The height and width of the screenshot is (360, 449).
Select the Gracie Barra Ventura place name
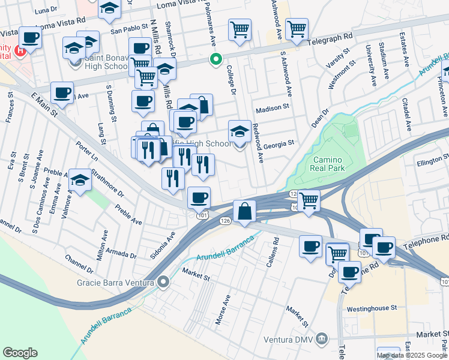tap(115, 282)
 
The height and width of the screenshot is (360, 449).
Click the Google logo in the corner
tap(20, 353)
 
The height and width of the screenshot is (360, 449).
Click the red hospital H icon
tap(22, 50)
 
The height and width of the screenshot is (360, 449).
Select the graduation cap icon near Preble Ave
tap(80, 180)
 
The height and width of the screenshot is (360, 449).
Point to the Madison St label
tap(273, 110)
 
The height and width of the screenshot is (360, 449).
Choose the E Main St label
tap(46, 106)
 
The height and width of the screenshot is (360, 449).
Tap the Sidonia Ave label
tap(167, 243)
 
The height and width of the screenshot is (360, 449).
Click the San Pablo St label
tap(128, 28)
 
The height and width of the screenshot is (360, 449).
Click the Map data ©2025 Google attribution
tap(411, 355)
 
